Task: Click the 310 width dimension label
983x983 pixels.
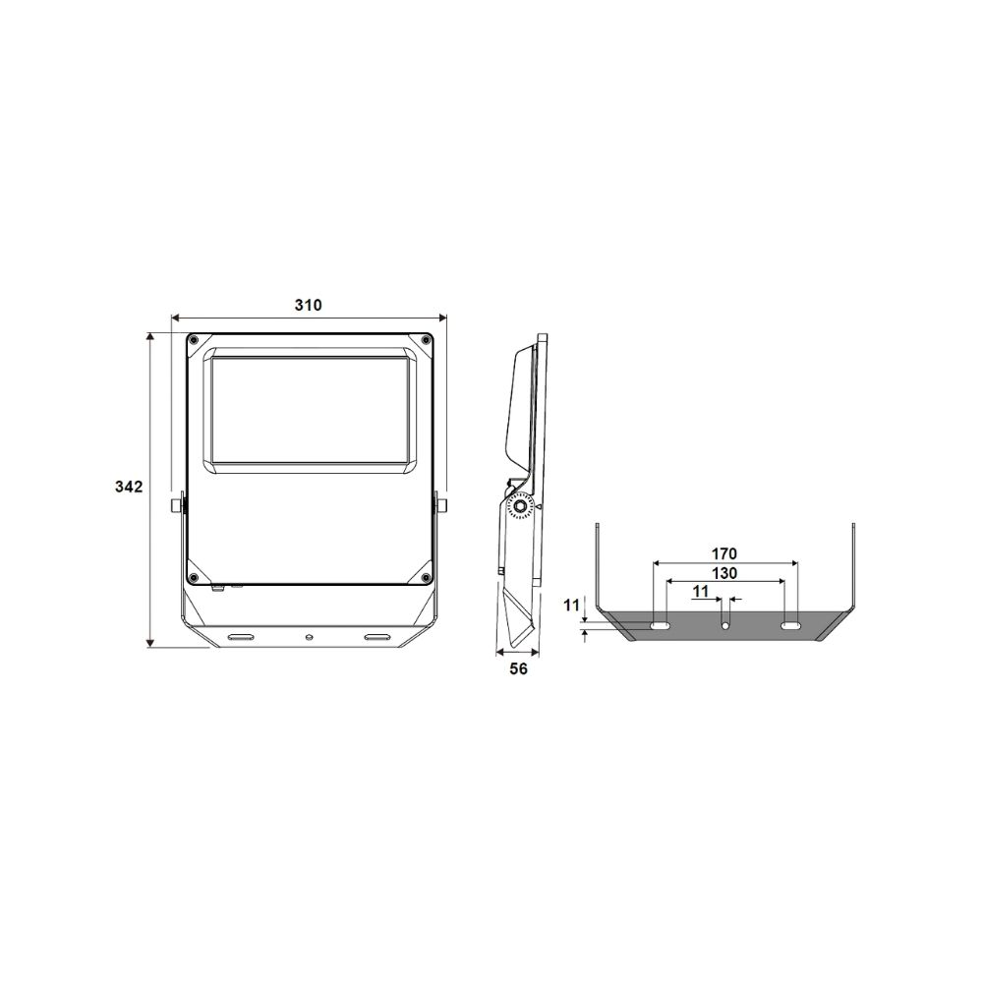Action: click(308, 306)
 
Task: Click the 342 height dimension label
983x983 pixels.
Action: click(129, 487)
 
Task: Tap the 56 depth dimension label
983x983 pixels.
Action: click(518, 669)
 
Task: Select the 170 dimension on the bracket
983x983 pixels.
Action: click(724, 554)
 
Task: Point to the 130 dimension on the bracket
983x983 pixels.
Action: click(724, 573)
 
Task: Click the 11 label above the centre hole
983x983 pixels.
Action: click(700, 591)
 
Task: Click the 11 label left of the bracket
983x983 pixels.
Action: click(571, 606)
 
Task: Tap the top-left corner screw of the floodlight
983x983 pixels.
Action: click(195, 340)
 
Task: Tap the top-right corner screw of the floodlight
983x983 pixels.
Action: click(426, 340)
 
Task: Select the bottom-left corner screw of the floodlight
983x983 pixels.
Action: click(195, 577)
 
